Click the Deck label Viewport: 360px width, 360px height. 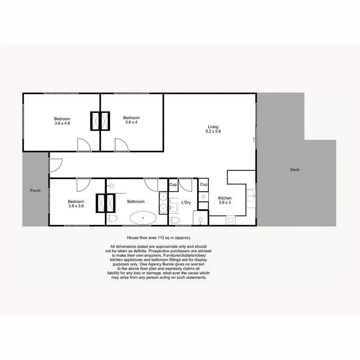coord(295,170)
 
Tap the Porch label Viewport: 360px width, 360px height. coord(35,190)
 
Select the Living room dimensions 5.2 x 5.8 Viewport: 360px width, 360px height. coord(213,132)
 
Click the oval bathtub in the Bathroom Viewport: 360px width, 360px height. coord(143,218)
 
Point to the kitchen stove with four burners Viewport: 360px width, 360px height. coord(230,219)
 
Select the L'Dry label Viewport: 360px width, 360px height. coord(186,202)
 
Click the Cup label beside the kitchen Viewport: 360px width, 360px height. coord(204,184)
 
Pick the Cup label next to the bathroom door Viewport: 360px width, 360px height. coord(173,184)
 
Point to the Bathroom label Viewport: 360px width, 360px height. coord(136,202)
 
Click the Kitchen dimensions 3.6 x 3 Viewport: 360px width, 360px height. coord(225,203)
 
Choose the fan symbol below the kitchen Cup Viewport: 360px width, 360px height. coord(204,197)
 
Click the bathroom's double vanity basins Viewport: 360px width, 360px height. coord(163,202)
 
